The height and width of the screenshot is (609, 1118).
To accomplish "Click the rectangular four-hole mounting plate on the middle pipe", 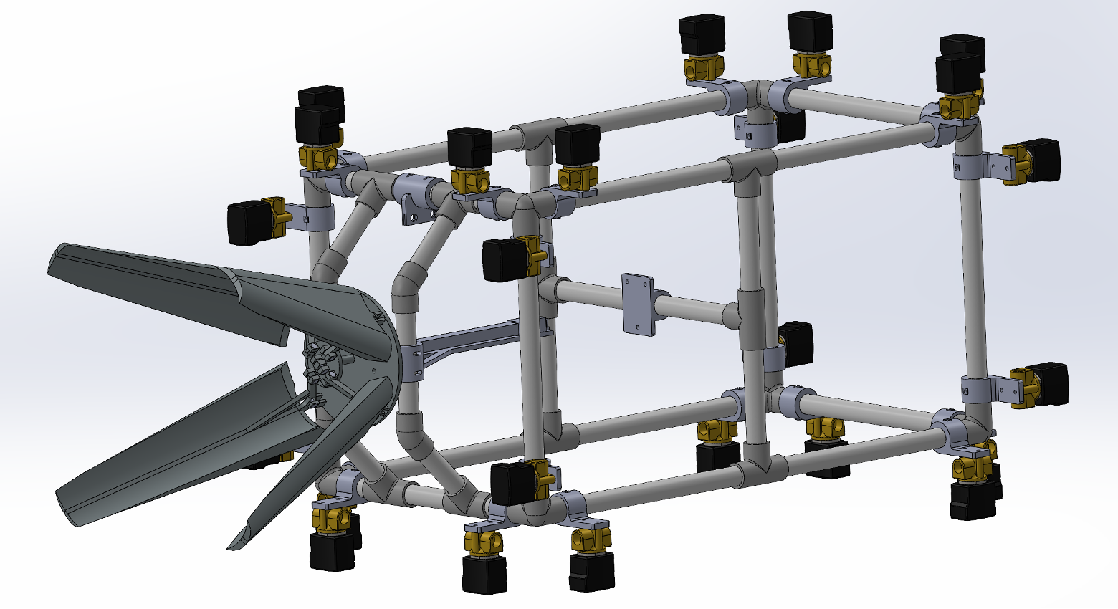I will pos(637,303).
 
